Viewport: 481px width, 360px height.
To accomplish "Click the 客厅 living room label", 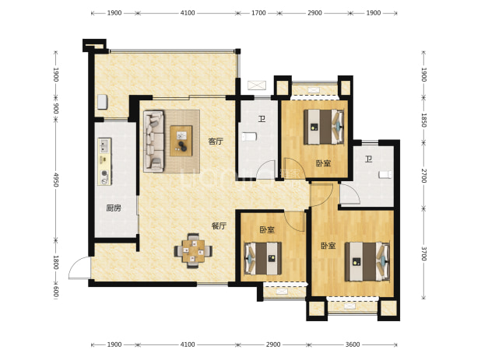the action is pos(216,142).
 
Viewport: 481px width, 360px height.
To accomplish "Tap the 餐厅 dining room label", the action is pos(219,225).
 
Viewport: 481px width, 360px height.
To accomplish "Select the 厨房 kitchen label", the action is pos(114,208).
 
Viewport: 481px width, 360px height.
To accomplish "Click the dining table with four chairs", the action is pos(193,250).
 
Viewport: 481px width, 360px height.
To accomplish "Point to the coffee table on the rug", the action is pos(181,141).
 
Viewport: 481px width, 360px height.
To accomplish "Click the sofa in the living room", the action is pos(153,141).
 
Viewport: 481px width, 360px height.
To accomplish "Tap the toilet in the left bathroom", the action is pos(249,136).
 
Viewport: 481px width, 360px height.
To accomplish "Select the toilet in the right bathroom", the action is pos(385,175).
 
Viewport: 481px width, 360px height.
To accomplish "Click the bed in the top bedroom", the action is pos(324,127).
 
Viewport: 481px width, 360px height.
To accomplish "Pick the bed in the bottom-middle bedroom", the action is pos(263,258).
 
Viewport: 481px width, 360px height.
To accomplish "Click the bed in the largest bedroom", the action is pos(367,261).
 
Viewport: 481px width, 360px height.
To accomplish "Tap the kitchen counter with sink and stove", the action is pos(104,162).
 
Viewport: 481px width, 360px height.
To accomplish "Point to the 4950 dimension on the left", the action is pos(55,180).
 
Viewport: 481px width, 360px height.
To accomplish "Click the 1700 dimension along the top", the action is pos(258,13).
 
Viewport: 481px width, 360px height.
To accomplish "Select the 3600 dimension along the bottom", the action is pos(353,344).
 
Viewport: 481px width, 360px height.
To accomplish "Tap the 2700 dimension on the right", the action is pos(423,176).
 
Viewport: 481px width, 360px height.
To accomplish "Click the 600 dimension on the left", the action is pos(55,292).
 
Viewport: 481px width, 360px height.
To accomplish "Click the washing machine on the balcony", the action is pos(103,102).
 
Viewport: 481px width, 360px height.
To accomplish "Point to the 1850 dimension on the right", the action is pos(423,120).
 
